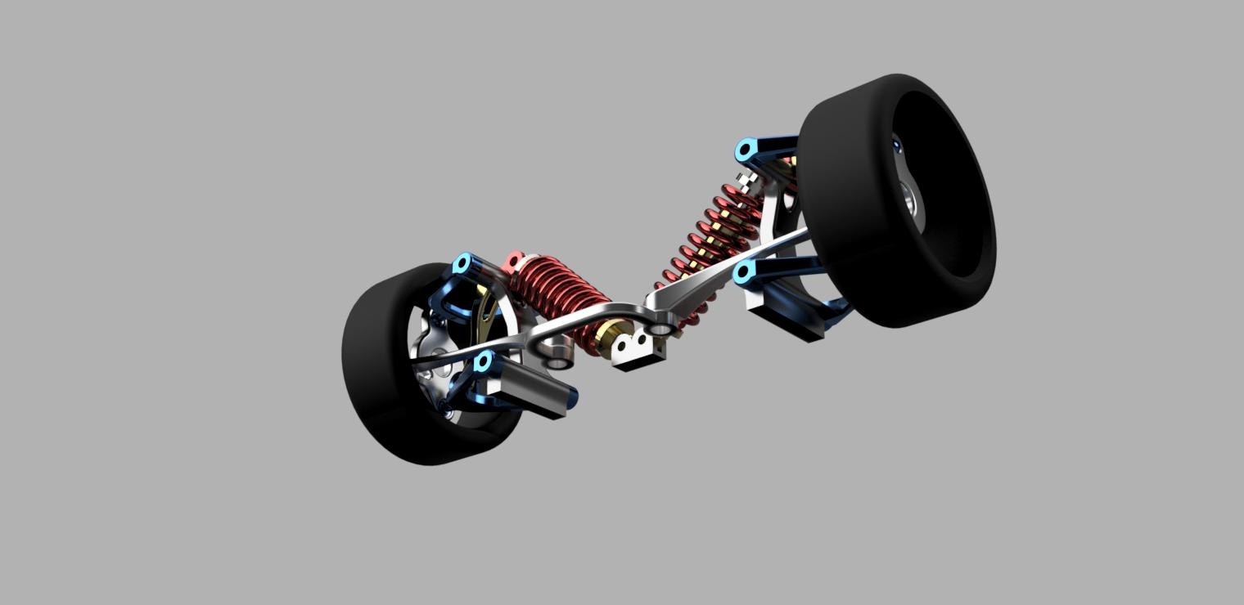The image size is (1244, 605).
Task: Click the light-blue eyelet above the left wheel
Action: (462, 264)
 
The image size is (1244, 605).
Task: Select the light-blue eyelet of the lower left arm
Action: (483, 361)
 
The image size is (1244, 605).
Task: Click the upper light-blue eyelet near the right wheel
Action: (745, 150)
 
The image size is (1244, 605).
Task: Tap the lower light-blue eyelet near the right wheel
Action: (743, 272)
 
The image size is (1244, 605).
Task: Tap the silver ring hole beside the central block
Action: (662, 329)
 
